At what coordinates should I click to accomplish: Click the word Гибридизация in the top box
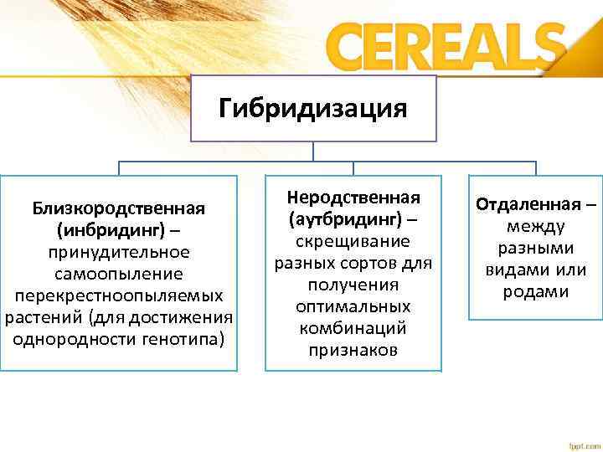coord(313,109)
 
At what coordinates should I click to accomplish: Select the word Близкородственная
coord(119,208)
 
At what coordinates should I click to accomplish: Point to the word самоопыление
coord(119,274)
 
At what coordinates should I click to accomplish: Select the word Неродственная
coord(353,198)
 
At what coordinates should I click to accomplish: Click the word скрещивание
coord(353,241)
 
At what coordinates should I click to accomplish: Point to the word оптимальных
coord(353,306)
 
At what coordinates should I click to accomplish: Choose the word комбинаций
coord(353,328)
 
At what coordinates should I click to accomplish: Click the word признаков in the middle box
coord(353,350)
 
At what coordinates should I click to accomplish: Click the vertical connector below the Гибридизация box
coord(313,151)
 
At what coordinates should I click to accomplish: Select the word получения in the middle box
coord(353,285)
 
